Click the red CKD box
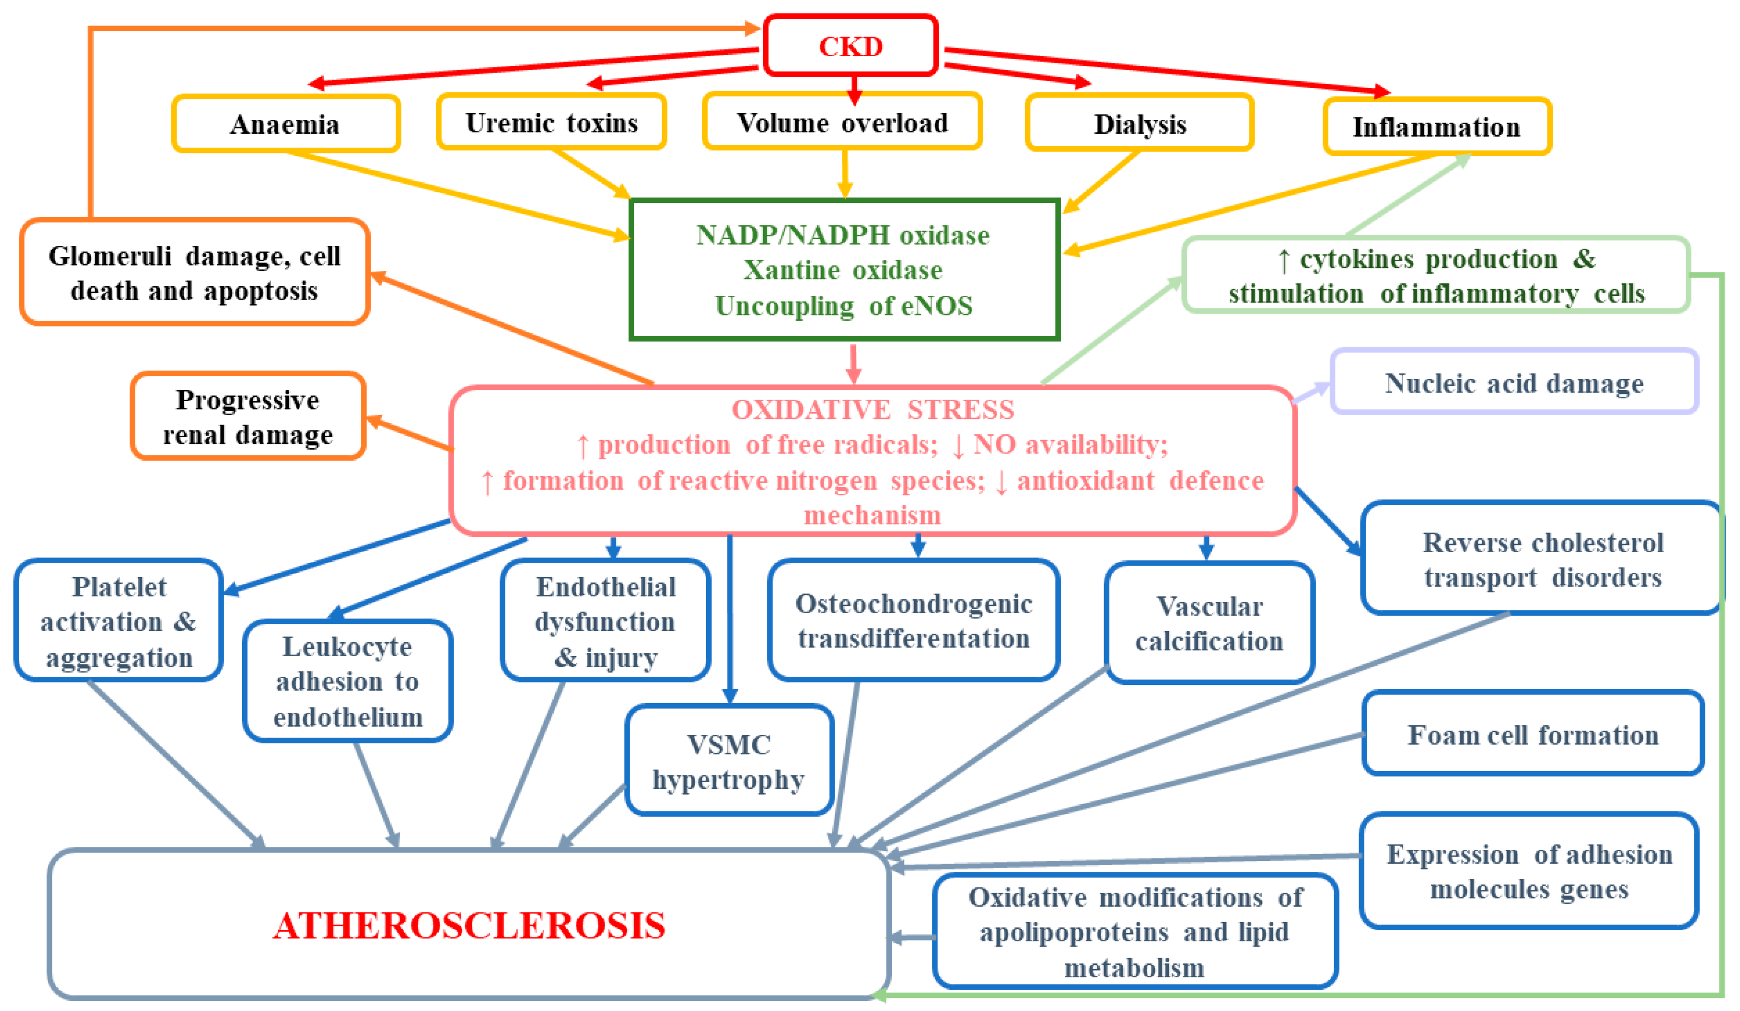850,46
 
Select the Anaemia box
285,124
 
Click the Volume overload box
842,122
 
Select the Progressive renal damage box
248,417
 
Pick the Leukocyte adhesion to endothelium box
347,682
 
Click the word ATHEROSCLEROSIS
469,925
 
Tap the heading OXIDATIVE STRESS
873,409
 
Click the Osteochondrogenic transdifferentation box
914,621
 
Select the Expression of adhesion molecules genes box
1529,872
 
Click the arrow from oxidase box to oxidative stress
853,363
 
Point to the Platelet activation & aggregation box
119,621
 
